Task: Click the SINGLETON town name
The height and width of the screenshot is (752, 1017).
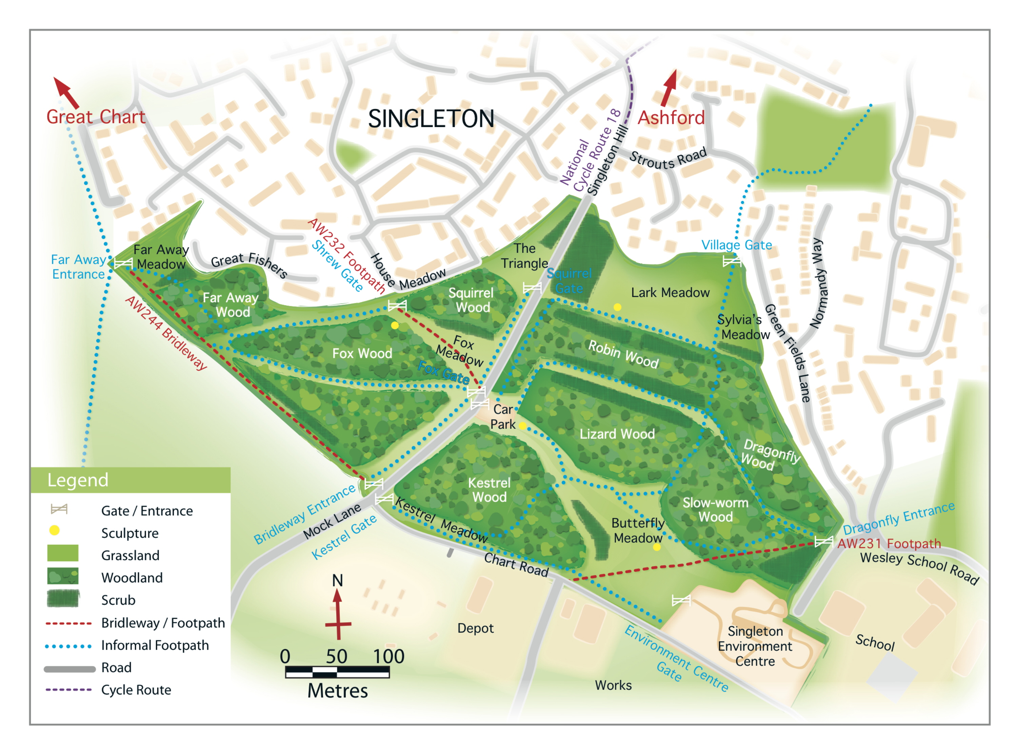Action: pyautogui.click(x=431, y=119)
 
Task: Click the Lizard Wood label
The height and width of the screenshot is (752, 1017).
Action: pyautogui.click(x=617, y=434)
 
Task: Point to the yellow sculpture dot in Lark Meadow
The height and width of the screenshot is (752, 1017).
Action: pyautogui.click(x=617, y=307)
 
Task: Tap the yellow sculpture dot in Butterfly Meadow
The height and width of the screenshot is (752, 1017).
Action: pyautogui.click(x=656, y=547)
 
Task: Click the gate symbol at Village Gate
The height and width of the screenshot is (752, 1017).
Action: pyautogui.click(x=732, y=261)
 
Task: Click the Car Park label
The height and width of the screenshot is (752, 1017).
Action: pyautogui.click(x=502, y=417)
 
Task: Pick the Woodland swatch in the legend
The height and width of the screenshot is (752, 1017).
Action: pyautogui.click(x=63, y=576)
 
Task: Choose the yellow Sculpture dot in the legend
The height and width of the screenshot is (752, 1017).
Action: pyautogui.click(x=54, y=530)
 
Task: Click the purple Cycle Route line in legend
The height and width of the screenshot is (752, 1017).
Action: pyautogui.click(x=68, y=690)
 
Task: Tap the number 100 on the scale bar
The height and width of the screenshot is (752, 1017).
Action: pyautogui.click(x=388, y=656)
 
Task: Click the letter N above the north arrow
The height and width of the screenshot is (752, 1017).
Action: pyautogui.click(x=337, y=580)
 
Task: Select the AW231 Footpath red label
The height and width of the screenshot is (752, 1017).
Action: pyautogui.click(x=889, y=544)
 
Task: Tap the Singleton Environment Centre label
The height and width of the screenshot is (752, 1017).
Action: pyautogui.click(x=755, y=646)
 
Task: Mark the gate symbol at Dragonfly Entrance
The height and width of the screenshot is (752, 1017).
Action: pyautogui.click(x=823, y=541)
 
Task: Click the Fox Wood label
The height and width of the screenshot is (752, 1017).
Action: pyautogui.click(x=362, y=353)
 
